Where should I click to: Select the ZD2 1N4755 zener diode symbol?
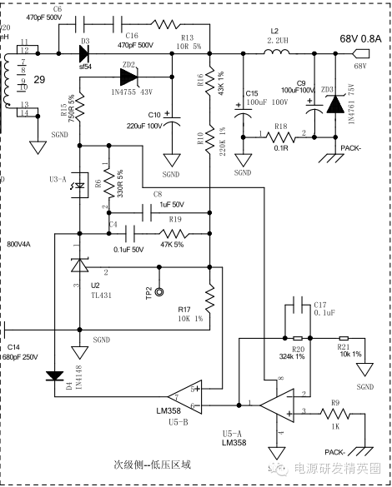click(x=128, y=77)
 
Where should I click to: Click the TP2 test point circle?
click(x=159, y=292)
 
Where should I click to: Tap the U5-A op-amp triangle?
click(x=276, y=405)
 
